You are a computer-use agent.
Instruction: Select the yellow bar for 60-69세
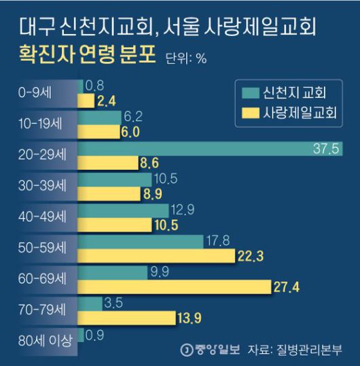(x=175, y=288)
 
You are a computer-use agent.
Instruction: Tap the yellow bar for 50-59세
(x=157, y=255)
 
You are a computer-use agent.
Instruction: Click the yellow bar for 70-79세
(x=126, y=318)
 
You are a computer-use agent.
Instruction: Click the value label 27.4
(x=286, y=288)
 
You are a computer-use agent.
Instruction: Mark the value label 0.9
(x=95, y=335)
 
